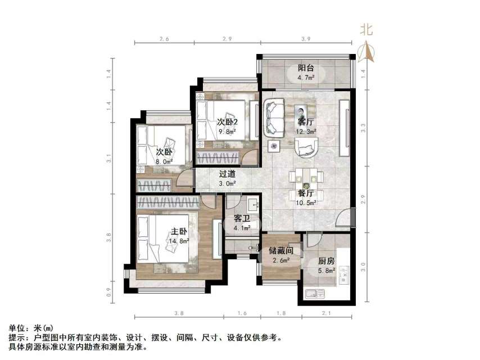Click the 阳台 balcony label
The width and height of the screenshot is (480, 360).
click(x=306, y=67)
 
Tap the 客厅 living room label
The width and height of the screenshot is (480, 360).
click(x=306, y=121)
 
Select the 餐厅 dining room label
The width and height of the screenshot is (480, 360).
click(x=306, y=193)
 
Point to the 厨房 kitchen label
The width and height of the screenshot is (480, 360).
click(x=327, y=261)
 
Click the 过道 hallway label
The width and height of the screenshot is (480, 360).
click(x=227, y=174)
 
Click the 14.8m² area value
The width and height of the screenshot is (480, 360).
click(x=179, y=241)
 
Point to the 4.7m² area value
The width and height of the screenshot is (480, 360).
click(x=306, y=77)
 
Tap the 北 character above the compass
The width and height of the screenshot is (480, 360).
click(x=366, y=30)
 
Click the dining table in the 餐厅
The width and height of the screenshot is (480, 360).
click(x=306, y=178)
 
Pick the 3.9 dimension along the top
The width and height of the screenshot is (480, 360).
click(x=306, y=39)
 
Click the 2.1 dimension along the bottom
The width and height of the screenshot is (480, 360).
click(x=326, y=313)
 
